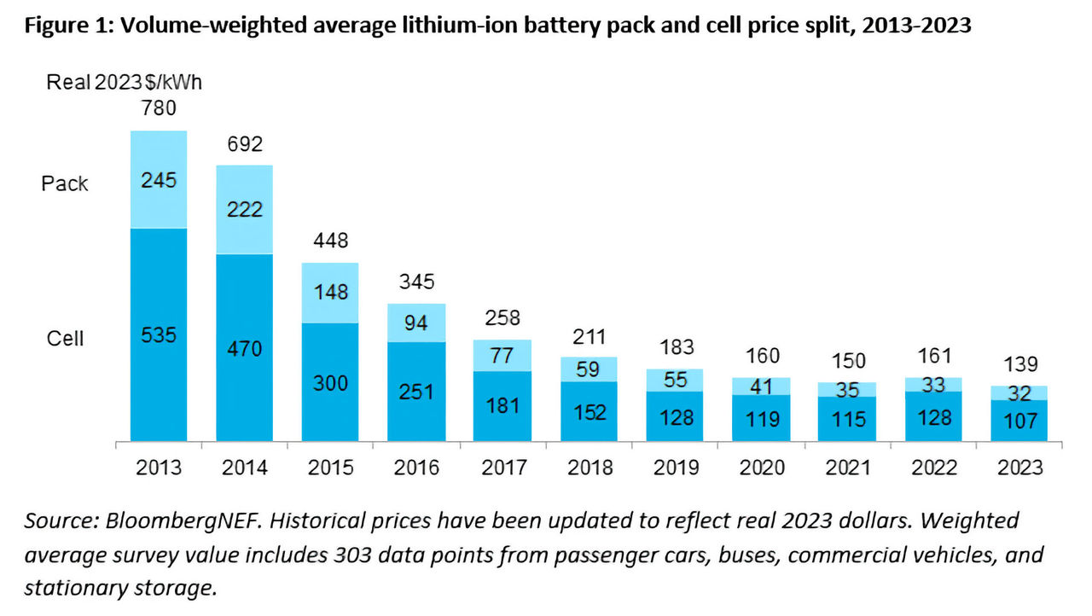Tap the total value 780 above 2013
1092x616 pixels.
coord(159,108)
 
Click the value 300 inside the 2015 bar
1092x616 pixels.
coord(331,384)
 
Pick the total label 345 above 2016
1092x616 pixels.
coord(416,282)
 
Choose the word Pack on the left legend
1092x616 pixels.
coord(65,183)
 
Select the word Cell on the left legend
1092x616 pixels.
coord(65,339)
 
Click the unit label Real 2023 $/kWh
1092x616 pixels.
coord(124,82)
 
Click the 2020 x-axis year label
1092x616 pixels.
coord(761,468)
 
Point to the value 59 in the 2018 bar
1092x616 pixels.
coord(589,369)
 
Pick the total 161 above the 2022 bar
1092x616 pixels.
coord(932,356)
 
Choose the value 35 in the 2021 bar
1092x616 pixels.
coord(846,390)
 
